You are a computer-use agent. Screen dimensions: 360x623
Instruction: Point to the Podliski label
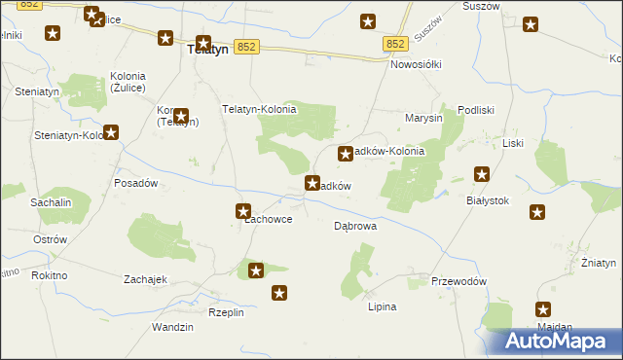(477, 111)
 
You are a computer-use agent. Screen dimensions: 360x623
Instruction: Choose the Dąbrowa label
(355, 225)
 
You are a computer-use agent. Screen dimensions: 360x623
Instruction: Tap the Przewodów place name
(458, 281)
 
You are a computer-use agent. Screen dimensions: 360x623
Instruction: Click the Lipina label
(382, 306)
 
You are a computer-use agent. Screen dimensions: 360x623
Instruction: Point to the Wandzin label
(173, 327)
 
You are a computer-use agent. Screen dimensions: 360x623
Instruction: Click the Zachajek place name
(146, 279)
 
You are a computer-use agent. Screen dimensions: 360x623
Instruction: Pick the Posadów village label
(136, 183)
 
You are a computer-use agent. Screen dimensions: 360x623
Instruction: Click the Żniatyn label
(599, 263)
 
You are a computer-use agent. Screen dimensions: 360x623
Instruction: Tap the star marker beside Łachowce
(243, 210)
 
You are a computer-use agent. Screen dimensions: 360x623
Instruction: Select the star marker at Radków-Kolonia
(345, 153)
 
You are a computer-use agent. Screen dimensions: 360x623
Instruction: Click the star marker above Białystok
(481, 174)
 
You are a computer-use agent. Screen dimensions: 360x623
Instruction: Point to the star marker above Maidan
(543, 308)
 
